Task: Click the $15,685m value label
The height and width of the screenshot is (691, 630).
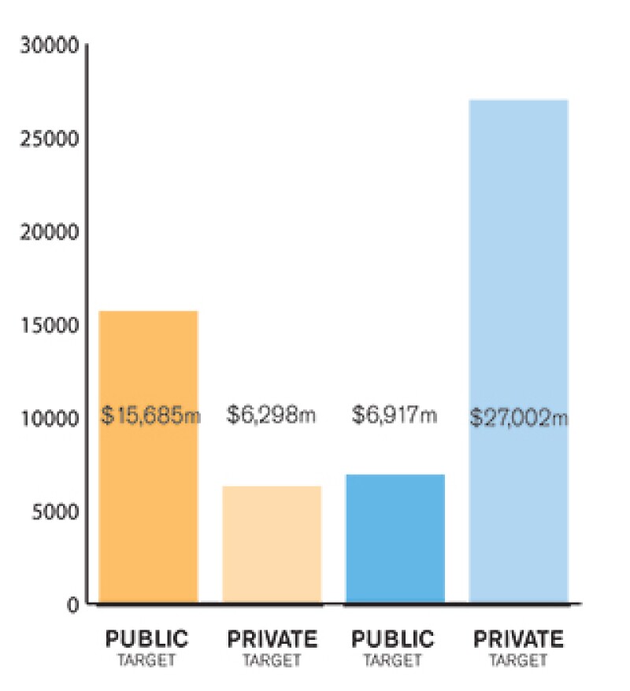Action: (x=151, y=414)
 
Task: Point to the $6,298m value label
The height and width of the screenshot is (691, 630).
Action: (x=272, y=414)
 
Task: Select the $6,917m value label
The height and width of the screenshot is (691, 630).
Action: (x=395, y=414)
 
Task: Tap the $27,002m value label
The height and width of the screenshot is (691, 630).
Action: (x=519, y=416)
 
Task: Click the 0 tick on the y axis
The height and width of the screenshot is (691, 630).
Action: (x=72, y=605)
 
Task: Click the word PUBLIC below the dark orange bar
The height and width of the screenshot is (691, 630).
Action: (x=147, y=638)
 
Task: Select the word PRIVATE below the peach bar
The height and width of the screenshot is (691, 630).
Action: (x=272, y=638)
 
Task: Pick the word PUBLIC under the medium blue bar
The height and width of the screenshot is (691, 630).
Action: (x=395, y=638)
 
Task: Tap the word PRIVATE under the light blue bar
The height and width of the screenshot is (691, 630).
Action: (x=518, y=638)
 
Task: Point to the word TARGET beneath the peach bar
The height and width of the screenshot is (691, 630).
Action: (x=272, y=661)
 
